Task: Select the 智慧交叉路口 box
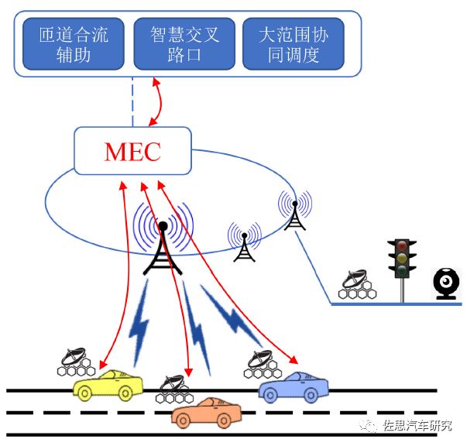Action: (x=184, y=44)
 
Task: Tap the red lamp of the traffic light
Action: (x=402, y=247)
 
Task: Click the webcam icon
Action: (x=447, y=282)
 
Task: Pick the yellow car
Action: (x=109, y=384)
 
